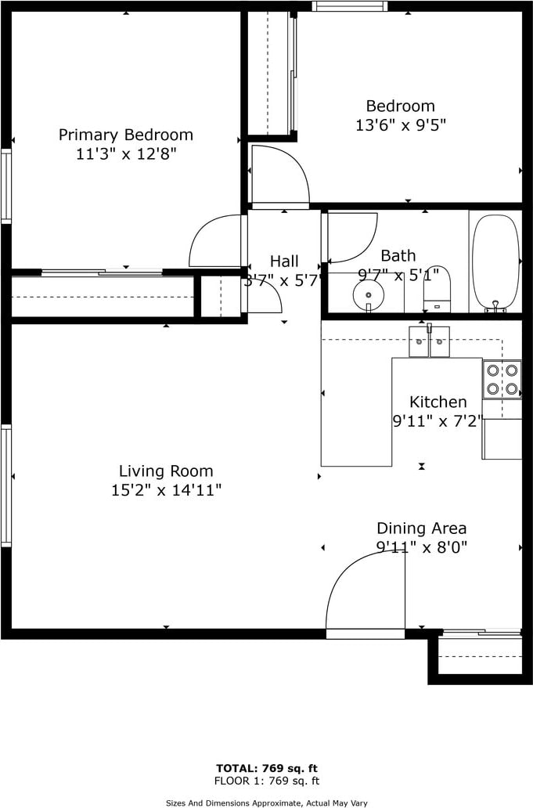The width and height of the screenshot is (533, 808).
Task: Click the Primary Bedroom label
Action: click(x=126, y=135)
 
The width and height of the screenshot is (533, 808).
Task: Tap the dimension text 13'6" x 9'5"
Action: click(x=401, y=124)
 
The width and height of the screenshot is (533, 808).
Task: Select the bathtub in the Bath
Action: click(x=496, y=263)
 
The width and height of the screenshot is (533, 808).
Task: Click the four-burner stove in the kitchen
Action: click(x=502, y=379)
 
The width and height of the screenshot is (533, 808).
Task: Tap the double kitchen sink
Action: click(x=429, y=341)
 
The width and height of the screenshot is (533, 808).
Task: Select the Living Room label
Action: click(x=166, y=471)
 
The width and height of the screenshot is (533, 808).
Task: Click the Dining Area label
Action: click(x=422, y=528)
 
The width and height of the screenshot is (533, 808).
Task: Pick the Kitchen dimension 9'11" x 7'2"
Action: click(x=438, y=421)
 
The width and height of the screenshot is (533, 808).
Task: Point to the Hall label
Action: click(x=284, y=261)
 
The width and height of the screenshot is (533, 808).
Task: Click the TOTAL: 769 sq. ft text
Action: click(x=267, y=769)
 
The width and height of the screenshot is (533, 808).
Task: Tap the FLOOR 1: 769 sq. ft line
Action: click(x=267, y=781)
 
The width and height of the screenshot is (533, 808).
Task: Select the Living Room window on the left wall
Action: click(x=5, y=485)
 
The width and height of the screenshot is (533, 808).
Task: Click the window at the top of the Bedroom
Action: click(x=349, y=5)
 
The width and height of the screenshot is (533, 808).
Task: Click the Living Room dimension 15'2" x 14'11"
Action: click(x=167, y=489)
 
